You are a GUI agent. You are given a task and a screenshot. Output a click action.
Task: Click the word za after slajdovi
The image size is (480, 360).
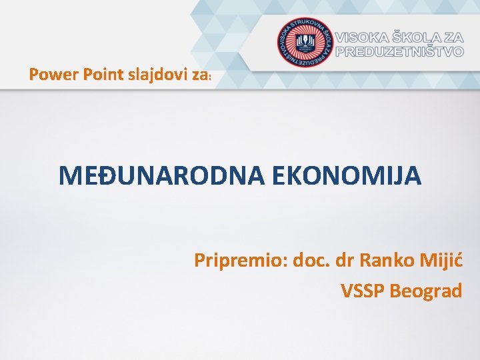199,75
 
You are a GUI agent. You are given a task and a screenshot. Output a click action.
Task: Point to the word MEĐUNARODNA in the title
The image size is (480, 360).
159,176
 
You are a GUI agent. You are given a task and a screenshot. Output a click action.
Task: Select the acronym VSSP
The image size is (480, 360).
363,291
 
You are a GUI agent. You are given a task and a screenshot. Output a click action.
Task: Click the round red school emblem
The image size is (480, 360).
305,41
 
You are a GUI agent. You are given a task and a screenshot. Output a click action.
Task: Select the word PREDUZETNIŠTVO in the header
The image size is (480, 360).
399,51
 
